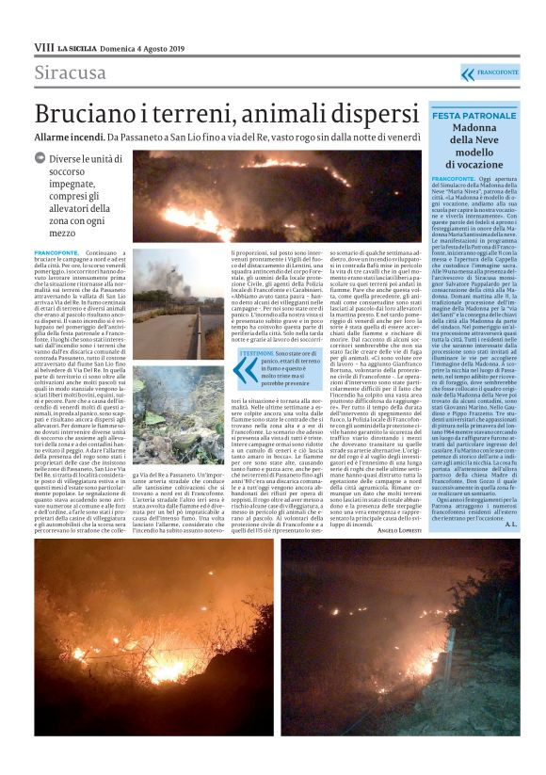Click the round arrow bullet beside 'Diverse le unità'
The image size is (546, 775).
pos(40,159)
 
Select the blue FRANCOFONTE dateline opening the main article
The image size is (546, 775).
pos(56,253)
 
